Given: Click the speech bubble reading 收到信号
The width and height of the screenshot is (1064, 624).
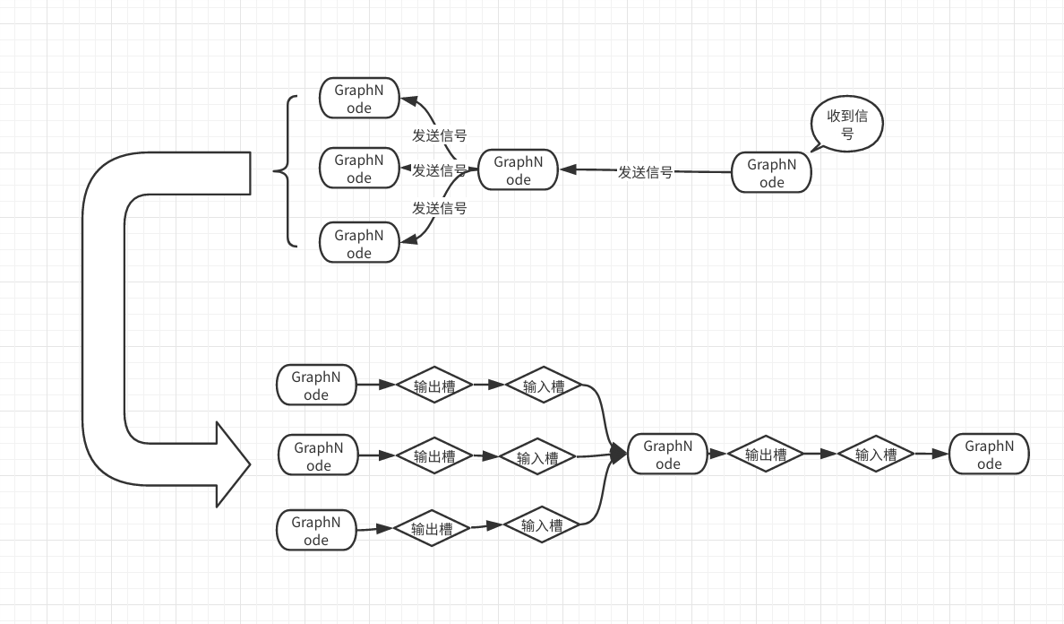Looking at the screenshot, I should tap(846, 126).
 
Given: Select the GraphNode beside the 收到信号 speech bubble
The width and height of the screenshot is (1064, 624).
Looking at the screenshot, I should tap(771, 172).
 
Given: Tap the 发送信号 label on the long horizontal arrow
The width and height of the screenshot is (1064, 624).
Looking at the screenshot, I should tap(645, 172).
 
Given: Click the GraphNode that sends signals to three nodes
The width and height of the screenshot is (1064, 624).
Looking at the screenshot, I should tap(518, 170).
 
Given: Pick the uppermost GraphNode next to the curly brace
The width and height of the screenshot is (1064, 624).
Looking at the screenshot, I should tap(358, 99).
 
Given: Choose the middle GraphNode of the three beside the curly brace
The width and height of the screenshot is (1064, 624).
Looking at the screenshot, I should tap(358, 169).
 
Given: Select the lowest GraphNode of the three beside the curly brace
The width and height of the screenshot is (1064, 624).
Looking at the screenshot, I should tap(358, 244).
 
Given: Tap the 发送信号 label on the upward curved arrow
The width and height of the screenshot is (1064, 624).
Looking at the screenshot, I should tap(439, 135).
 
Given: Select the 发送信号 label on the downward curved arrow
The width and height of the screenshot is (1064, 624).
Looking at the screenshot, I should tap(439, 208).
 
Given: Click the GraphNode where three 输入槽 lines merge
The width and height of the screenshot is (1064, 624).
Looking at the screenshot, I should tap(667, 455).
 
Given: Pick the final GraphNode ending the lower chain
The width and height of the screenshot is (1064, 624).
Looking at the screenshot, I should tap(989, 455).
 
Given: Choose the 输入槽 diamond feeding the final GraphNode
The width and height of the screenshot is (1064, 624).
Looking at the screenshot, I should tap(875, 455).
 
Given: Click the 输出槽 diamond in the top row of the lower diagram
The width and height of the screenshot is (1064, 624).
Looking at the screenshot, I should tap(434, 386).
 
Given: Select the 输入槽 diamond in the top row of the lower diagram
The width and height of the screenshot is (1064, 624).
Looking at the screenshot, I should tap(544, 386).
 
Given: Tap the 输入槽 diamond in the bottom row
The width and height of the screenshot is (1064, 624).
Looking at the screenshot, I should tap(542, 525).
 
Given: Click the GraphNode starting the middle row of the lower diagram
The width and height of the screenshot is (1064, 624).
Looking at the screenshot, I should tap(318, 456).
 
